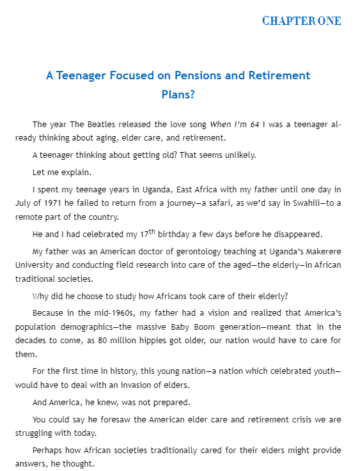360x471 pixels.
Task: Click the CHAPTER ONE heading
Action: [301, 21]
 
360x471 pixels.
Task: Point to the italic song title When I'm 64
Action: [234, 124]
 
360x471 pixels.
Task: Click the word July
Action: [26, 202]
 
